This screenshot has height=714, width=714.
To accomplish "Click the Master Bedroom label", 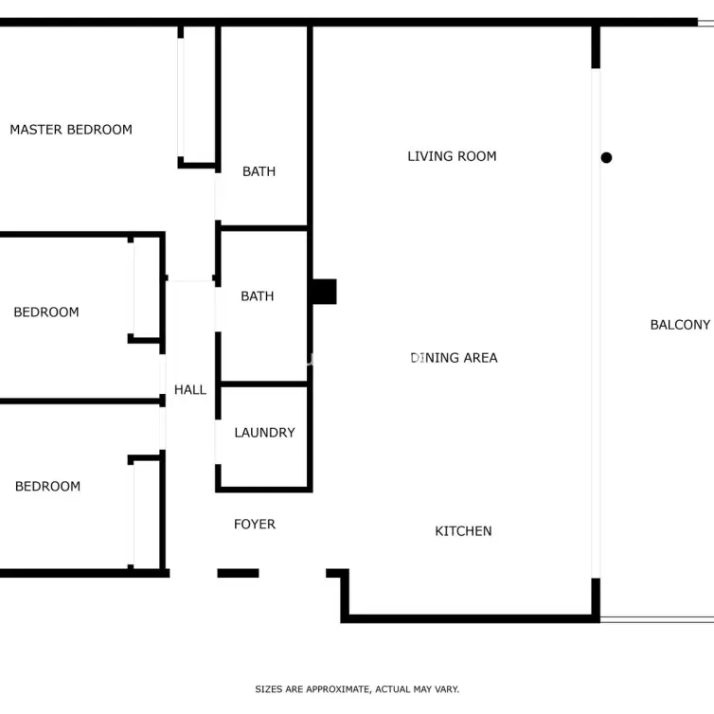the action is coord(71,130).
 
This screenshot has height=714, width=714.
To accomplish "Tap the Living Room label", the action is coord(452,156).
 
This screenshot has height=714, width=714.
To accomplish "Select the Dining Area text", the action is coord(454,358).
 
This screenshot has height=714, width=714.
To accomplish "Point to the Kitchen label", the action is coord(463,531).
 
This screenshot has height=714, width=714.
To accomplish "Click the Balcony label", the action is coord(680,325).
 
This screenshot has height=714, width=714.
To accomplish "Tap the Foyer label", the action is coord(255,525).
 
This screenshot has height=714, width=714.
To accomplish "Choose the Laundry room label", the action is coord(264,433).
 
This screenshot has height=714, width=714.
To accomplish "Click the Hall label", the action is coord(190,390).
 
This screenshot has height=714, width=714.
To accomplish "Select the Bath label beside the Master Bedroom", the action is coord(259,171).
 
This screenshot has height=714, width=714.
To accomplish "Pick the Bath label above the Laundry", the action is coord(258,296).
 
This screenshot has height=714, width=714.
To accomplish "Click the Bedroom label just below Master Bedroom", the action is coord(46,312).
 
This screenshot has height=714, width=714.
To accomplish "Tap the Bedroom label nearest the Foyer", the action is coord(47,487).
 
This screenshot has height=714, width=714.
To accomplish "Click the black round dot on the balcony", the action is coord(606,157).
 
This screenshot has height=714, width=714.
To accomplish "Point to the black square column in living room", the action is coord(324,292).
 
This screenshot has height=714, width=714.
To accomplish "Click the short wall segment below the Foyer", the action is coord(238,573).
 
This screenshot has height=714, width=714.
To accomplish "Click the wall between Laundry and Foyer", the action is coord(263,490).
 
